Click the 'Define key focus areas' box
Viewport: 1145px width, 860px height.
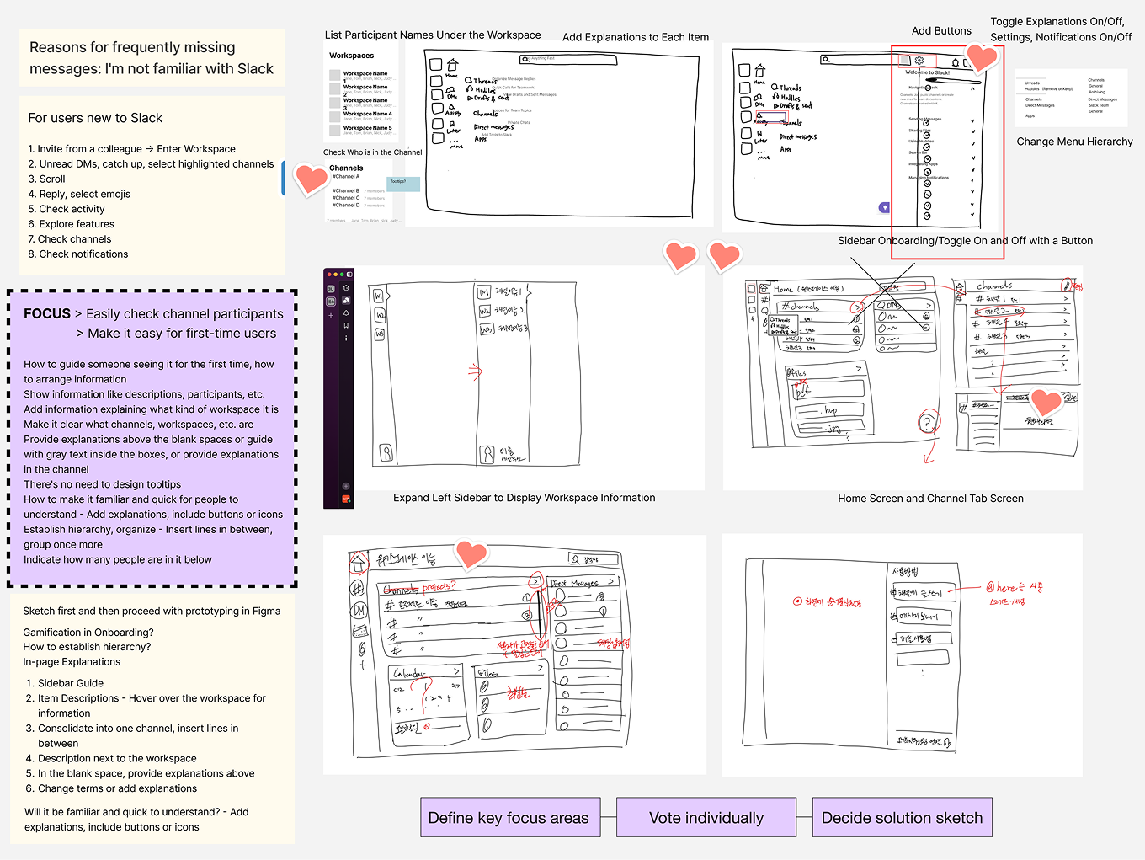pyautogui.click(x=509, y=818)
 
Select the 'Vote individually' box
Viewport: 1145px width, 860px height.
pyautogui.click(x=706, y=818)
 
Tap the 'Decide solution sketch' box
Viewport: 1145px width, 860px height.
pyautogui.click(x=902, y=818)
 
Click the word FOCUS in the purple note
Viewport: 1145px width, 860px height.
pyautogui.click(x=47, y=314)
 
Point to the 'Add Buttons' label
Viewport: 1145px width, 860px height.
pyautogui.click(x=941, y=31)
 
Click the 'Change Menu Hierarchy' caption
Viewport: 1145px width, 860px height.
pyautogui.click(x=1074, y=142)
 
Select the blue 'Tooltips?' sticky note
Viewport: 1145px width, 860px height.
pyautogui.click(x=402, y=183)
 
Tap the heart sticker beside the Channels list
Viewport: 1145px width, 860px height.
pyautogui.click(x=310, y=178)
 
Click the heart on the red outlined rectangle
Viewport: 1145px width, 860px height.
pyautogui.click(x=981, y=57)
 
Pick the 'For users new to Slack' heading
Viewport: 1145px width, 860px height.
pyautogui.click(x=95, y=118)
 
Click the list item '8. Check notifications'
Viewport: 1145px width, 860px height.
pyautogui.click(x=78, y=254)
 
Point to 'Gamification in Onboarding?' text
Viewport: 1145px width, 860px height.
pyautogui.click(x=88, y=633)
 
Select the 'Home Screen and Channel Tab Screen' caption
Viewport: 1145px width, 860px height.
pyautogui.click(x=930, y=499)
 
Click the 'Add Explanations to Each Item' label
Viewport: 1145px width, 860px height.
pyautogui.click(x=636, y=38)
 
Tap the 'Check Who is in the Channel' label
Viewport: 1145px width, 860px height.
pyautogui.click(x=373, y=152)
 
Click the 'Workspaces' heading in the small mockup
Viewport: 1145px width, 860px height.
pyautogui.click(x=352, y=56)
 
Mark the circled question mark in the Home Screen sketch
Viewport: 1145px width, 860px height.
pyautogui.click(x=928, y=423)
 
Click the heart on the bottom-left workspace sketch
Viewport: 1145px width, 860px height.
pyautogui.click(x=471, y=553)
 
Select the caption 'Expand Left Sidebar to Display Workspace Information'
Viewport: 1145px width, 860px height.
pyautogui.click(x=524, y=498)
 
